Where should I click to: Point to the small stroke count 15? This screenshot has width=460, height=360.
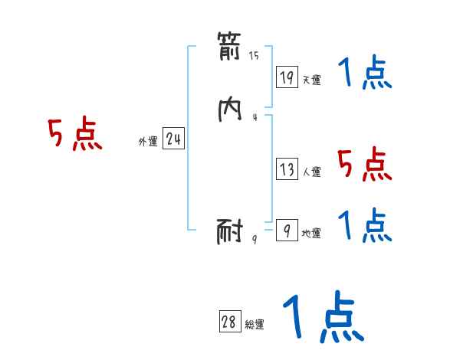point(254,56)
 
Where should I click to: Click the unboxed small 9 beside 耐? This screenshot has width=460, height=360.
point(255,239)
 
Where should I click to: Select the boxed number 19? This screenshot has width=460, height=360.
point(287,77)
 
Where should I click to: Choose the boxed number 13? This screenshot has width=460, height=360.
point(287,169)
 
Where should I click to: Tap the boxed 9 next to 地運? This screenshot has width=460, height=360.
point(287,230)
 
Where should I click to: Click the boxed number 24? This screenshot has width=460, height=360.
point(173,139)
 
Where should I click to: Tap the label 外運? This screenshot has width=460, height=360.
point(148,142)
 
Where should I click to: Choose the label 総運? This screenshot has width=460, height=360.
point(254,326)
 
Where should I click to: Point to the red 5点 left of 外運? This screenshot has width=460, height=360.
point(74,135)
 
